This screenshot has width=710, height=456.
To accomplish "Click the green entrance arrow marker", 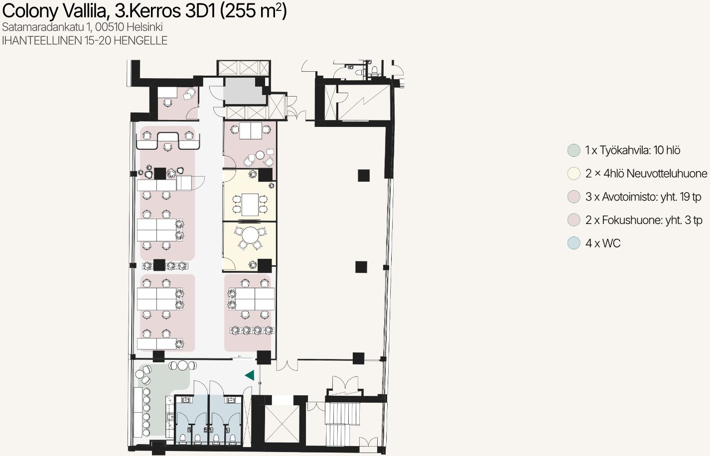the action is click(250, 375).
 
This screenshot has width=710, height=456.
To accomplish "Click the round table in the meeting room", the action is click(250, 234).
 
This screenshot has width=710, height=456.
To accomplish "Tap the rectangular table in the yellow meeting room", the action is click(250, 204).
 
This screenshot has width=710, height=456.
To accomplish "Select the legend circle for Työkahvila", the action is click(573, 150).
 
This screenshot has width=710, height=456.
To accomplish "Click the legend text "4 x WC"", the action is click(603, 243).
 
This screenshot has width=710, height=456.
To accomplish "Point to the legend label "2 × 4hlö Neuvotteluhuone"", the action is click(646, 174).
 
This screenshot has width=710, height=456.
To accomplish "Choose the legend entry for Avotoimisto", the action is click(643, 197).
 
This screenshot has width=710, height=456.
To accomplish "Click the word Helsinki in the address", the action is click(144, 27).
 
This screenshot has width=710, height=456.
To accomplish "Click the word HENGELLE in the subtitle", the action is click(141, 40).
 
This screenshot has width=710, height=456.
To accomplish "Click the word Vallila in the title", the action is click(86, 11).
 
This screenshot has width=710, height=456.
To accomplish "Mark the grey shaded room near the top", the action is click(244, 91).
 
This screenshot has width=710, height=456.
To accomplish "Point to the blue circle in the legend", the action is click(573, 243).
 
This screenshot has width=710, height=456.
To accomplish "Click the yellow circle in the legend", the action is click(573, 174).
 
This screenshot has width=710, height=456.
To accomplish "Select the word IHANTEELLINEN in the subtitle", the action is click(42, 40).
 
